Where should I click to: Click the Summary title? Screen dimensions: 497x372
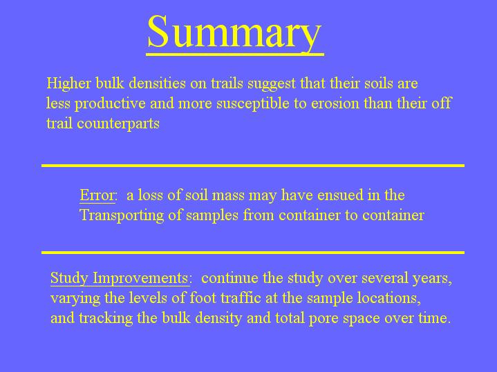234,32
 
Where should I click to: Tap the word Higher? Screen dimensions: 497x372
68,84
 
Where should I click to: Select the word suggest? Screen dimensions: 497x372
272,84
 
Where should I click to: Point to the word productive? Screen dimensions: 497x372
110,104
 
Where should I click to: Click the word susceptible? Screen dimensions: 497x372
253,104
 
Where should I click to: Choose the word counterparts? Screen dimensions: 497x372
118,124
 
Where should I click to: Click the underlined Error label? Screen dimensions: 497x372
97,195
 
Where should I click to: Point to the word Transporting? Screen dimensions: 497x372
122,215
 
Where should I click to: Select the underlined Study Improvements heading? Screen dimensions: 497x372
120,278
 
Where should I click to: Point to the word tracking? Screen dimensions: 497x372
106,318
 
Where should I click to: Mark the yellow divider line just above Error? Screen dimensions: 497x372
253,166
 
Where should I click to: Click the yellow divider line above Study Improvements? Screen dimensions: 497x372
253,253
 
